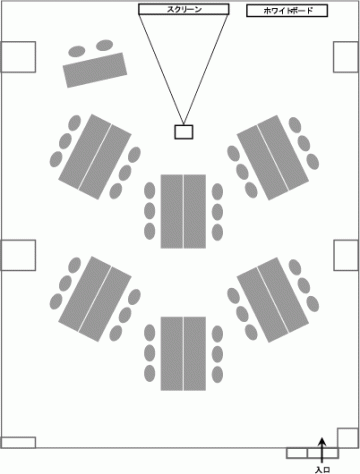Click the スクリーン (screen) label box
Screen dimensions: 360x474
point(184,9)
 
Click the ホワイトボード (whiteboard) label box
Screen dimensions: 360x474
point(287,11)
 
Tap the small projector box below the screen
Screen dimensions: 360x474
point(184,132)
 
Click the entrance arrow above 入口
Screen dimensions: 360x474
point(322,450)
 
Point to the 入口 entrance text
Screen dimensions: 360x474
point(322,470)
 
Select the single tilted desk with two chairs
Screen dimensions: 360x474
point(95,70)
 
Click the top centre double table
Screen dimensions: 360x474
point(183,211)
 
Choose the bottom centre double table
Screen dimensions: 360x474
point(183,354)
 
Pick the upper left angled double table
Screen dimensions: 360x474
point(95,157)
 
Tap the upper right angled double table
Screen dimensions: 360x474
point(273,158)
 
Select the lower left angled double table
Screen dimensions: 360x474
point(95,299)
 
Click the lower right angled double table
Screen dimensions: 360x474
point(273,300)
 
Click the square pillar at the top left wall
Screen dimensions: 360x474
point(18,57)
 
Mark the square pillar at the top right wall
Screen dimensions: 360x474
point(346,57)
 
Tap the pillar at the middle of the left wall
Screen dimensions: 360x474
point(18,255)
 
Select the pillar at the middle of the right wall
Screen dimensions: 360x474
point(346,255)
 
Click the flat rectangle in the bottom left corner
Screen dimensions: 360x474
point(18,443)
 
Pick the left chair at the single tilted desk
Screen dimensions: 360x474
point(77,51)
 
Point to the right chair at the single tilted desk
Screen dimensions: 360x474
point(105,45)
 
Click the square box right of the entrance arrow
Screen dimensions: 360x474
point(348,438)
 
